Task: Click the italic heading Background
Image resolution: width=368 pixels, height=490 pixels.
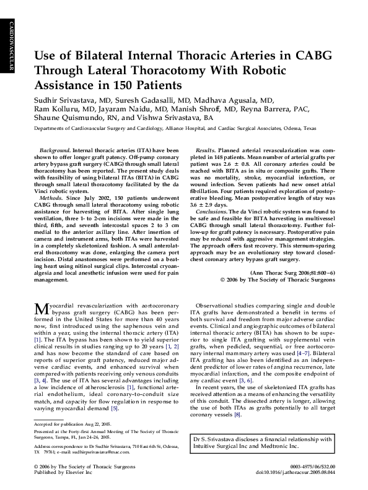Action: point(55,150)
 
